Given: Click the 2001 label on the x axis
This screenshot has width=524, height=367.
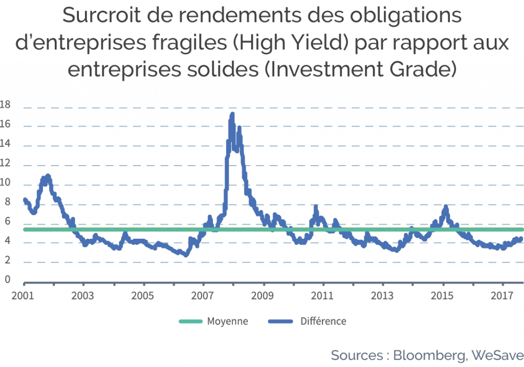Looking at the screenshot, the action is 23,295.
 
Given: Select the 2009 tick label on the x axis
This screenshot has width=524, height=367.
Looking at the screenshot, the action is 263,295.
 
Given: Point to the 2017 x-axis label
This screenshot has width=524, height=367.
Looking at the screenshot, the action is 502,295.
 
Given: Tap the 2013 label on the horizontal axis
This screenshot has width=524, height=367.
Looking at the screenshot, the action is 382,295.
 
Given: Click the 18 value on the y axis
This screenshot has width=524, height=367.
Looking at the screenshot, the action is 5,104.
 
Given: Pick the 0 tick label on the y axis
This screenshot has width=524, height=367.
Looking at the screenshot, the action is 7,279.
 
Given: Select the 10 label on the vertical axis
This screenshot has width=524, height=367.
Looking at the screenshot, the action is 5,182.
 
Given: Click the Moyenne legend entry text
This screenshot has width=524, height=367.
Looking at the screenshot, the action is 228,321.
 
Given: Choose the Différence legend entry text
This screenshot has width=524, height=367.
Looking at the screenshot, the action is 323,321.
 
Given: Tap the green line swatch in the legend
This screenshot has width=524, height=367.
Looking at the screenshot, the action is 191,321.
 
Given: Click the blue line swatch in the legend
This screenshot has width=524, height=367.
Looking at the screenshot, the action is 281,321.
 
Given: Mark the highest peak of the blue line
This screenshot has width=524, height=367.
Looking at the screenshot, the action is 232,114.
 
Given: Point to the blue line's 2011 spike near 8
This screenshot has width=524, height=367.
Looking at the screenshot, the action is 316,207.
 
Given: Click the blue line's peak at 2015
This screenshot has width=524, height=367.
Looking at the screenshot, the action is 446,207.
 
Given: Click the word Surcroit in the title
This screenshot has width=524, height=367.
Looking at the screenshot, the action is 102,15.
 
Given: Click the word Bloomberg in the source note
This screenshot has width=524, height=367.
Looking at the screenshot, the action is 429,355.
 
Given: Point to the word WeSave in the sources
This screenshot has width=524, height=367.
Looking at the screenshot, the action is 497,355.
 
